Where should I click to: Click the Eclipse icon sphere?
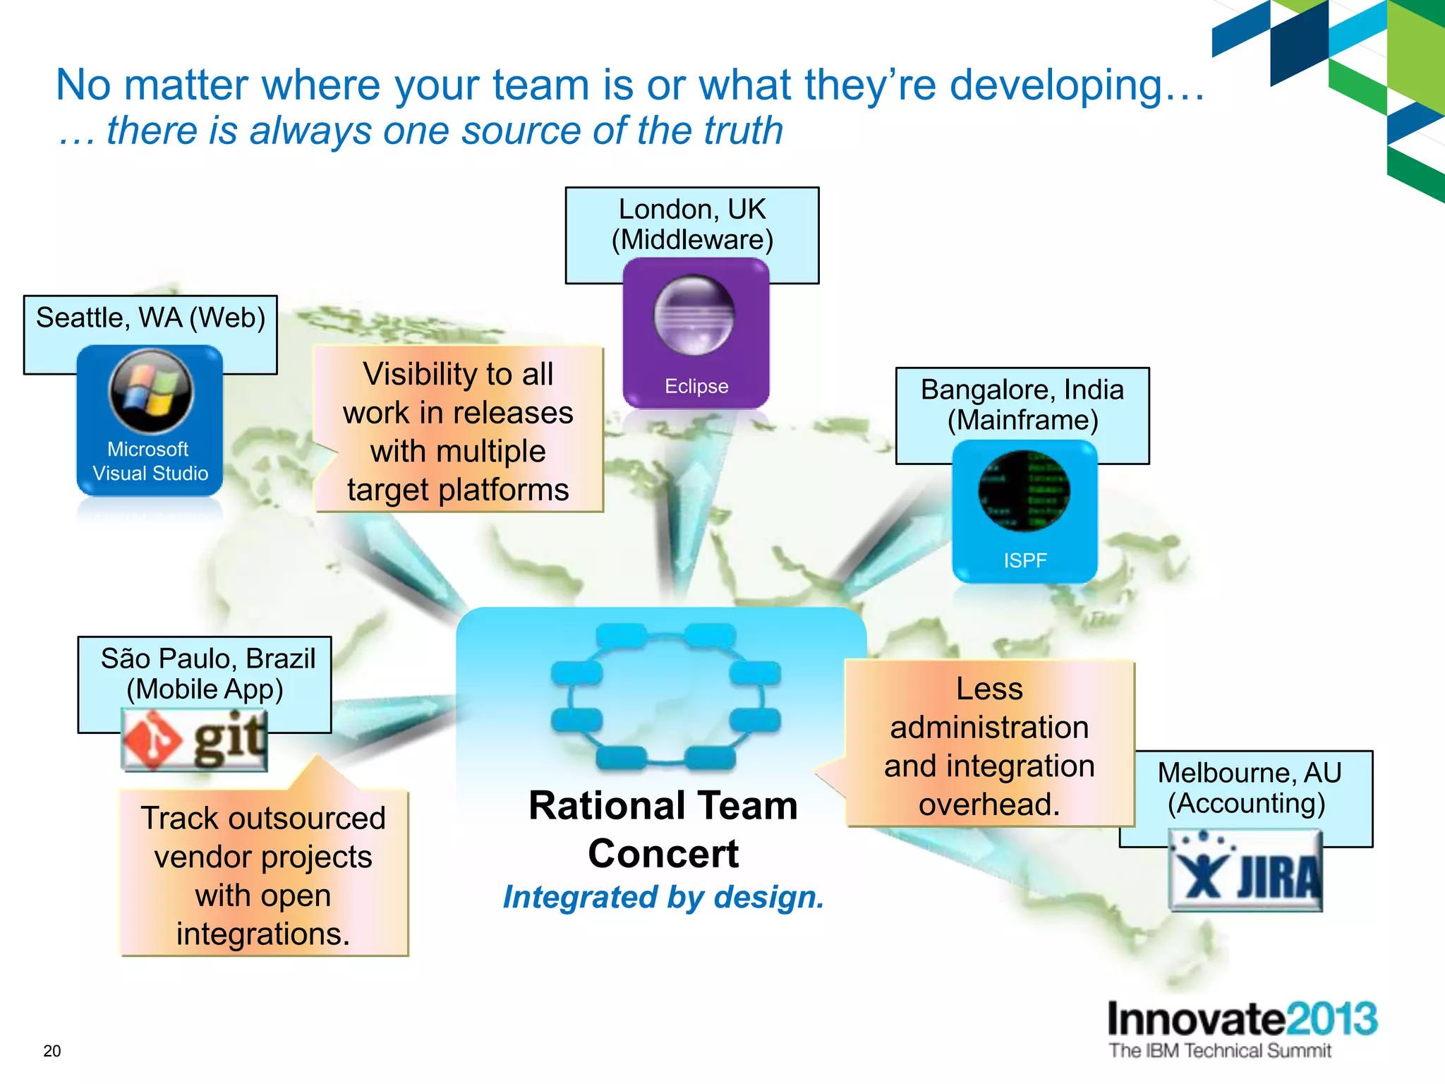tap(694, 315)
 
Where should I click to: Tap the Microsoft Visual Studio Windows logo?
tap(151, 392)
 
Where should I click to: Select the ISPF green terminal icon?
tap(1024, 490)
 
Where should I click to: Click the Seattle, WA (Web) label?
tap(150, 318)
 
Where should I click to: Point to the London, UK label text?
tap(691, 210)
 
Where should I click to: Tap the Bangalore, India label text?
tap(1022, 390)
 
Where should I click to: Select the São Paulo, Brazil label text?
tap(207, 658)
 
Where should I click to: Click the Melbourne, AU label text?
tap(1249, 773)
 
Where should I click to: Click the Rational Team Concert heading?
tap(663, 829)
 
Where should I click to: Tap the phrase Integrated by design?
tap(663, 898)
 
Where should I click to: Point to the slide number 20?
tap(52, 1051)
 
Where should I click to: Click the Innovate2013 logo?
tap(1242, 1020)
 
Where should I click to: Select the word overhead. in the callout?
tap(989, 805)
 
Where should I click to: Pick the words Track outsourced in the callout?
tap(263, 819)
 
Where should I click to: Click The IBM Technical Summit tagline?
tap(1220, 1051)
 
